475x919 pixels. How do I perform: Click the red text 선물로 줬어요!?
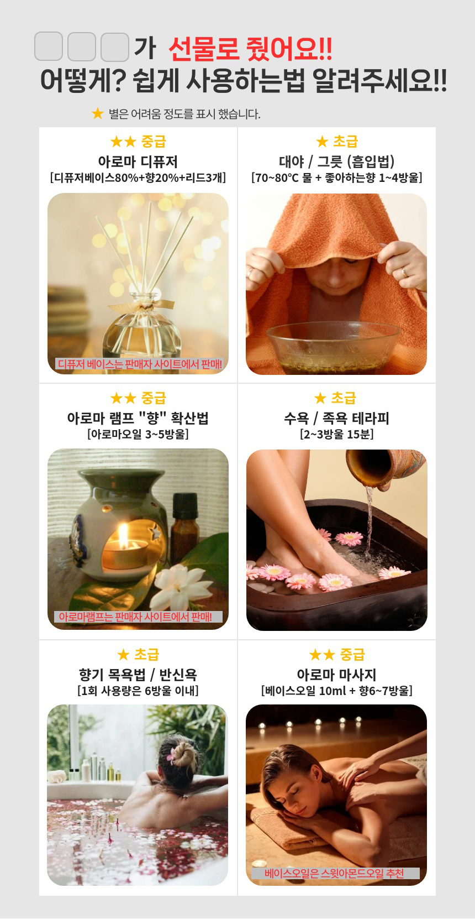pos(250,49)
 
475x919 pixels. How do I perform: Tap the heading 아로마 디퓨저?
pos(138,161)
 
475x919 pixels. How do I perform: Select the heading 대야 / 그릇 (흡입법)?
pos(336,161)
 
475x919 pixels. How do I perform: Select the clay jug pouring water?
pos(385,468)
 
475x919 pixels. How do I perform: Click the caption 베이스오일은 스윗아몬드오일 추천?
pos(334,873)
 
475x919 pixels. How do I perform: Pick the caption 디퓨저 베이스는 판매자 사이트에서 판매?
pos(140,363)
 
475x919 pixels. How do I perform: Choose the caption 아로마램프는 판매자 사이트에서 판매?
pos(135,617)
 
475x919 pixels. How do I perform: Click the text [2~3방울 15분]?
pos(336,434)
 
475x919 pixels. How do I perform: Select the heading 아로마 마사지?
pos(336,675)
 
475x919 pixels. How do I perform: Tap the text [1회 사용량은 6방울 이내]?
pos(138,691)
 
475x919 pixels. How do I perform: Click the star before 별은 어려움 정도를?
pos(98,113)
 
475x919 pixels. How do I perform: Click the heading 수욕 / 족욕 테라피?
pos(336,418)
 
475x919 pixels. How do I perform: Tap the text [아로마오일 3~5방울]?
pos(138,434)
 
